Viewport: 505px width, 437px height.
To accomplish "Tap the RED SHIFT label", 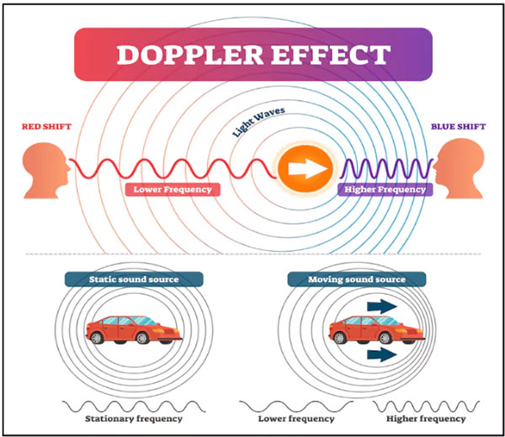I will [x=45, y=127].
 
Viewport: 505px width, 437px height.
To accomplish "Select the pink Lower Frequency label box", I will [x=173, y=189].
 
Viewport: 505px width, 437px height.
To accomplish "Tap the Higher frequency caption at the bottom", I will [x=426, y=418].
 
